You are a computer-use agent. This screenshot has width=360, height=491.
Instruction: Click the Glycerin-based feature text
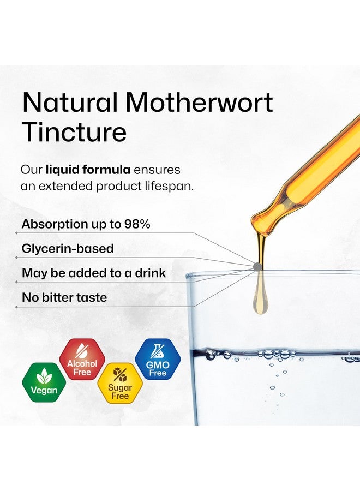pyautogui.click(x=68, y=249)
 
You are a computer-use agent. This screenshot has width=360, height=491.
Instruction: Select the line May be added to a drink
pyautogui.click(x=93, y=273)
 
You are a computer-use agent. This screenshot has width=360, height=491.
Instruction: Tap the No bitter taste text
pyautogui.click(x=64, y=298)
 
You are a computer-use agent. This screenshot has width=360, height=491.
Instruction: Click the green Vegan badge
pyautogui.click(x=44, y=382)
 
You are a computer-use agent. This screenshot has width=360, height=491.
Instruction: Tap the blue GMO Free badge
pyautogui.click(x=158, y=359)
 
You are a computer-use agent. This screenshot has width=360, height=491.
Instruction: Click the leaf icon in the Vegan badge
pyautogui.click(x=44, y=375)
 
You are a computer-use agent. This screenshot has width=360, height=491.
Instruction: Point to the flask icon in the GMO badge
pyautogui.click(x=158, y=351)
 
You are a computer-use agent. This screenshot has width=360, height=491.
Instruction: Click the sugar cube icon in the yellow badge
pyautogui.click(x=119, y=374)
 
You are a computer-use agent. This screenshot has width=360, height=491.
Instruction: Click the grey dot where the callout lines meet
pyautogui.click(x=257, y=267)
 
